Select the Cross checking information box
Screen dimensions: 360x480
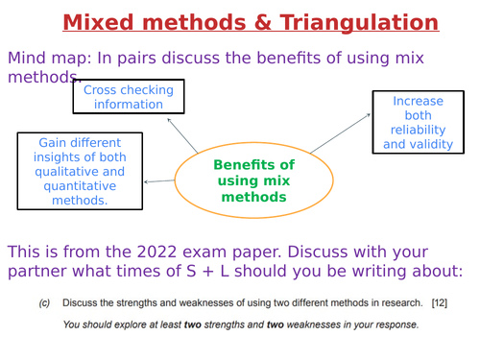(129, 97)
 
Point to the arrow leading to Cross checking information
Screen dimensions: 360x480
(182, 135)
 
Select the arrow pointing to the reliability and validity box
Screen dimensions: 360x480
(341, 132)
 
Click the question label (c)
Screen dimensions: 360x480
(44, 303)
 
